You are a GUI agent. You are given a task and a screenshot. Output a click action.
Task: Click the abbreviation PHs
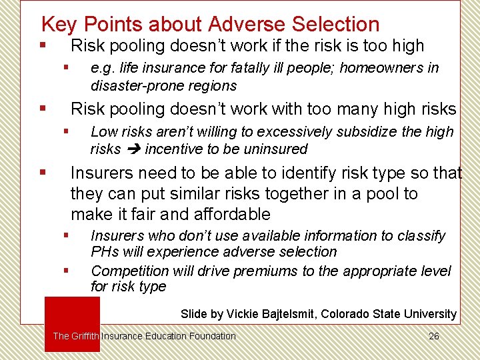105,252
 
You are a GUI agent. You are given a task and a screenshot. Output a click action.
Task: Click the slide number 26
433,336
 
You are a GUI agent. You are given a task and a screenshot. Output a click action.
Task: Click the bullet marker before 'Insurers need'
43,173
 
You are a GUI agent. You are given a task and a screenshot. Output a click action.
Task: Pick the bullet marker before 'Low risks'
66,131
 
